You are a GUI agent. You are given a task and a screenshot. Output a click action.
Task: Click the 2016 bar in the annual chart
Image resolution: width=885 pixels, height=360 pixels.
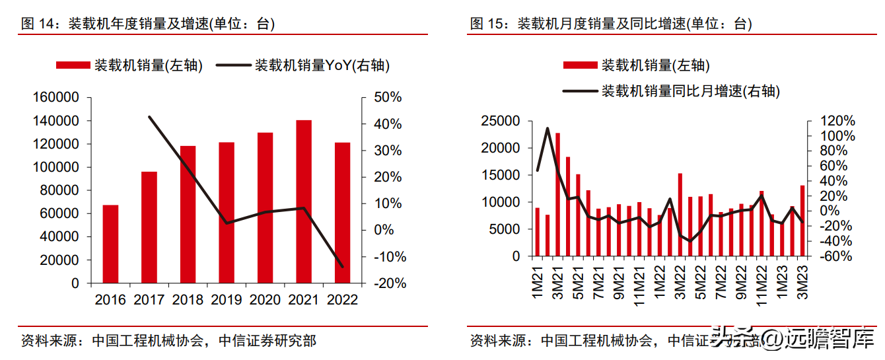pos(110,244)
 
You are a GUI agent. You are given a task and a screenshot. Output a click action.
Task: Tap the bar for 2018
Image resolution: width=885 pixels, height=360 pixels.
pos(188,214)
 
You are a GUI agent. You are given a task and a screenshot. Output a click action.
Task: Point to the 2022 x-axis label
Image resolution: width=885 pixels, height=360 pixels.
pos(343,300)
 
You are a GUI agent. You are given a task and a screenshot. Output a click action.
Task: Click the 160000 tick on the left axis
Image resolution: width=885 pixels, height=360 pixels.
pos(56,98)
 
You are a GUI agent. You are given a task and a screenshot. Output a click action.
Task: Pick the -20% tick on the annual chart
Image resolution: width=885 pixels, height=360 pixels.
pos(388,283)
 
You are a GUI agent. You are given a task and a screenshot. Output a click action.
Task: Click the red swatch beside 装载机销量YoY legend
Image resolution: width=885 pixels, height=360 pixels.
pos(72,65)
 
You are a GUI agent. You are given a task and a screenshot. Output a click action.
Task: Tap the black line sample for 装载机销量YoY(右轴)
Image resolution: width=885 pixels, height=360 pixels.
pos(233,65)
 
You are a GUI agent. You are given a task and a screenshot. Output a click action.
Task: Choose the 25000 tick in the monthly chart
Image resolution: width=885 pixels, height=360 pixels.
pos(501,122)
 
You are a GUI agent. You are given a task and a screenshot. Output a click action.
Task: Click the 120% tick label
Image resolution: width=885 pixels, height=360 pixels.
pos(837,122)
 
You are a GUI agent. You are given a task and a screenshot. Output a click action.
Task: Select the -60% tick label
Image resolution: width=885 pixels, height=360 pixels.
pos(837,256)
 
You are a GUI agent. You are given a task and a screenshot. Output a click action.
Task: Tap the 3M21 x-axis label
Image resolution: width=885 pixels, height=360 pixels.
pos(559,281)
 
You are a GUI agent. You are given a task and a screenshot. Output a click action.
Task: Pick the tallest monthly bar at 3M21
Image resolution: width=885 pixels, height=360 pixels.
pos(557,194)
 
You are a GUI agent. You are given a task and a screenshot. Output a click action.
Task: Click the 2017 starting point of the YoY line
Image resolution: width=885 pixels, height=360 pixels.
pos(149,117)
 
